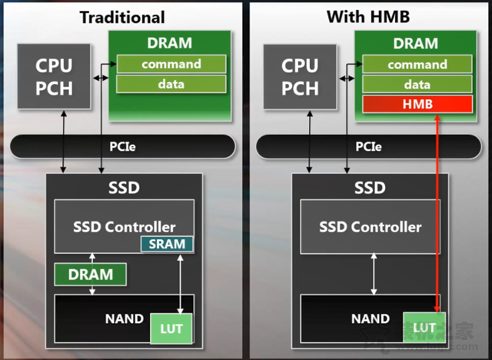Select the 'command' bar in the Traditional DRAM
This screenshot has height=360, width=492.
click(171, 64)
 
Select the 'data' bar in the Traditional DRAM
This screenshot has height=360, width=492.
click(171, 84)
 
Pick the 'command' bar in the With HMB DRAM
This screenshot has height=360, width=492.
click(417, 64)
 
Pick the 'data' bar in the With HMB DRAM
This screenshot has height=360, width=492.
click(417, 84)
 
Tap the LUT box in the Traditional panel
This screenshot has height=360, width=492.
click(170, 328)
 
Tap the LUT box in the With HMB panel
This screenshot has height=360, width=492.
click(424, 328)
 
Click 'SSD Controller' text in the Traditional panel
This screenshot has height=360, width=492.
click(124, 226)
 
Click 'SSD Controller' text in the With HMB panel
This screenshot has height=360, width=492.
click(371, 226)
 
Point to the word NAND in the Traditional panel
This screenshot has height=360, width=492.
click(123, 318)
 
